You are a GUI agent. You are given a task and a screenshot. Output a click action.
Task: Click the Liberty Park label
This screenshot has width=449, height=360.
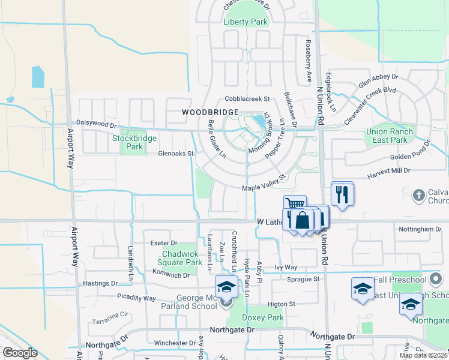coord(246,22)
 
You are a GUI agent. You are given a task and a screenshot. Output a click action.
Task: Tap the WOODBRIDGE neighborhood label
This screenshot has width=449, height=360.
coord(210,112)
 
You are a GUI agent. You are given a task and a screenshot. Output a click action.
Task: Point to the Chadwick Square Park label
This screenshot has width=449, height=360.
coord(181,258)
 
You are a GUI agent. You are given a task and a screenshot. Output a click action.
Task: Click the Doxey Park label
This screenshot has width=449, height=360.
coord(262,317)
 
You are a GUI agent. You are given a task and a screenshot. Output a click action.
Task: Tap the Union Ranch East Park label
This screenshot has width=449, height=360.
coord(390,136)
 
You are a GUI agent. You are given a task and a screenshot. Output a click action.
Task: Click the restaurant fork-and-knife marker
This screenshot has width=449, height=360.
coord(342,194)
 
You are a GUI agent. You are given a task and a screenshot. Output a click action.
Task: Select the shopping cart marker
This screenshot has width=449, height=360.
coord(295,205)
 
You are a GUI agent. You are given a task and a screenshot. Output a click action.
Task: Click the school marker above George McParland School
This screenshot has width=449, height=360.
coord(226,287)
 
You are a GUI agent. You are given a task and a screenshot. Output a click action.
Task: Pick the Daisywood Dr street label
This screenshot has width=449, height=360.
coord(95,124)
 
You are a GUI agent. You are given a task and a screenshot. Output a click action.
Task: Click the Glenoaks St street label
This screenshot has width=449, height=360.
coord(176,154)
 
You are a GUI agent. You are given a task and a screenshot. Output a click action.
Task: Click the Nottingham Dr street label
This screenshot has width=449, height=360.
coord(420,229)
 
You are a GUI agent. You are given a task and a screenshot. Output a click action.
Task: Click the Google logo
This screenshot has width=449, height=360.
coord(20,352)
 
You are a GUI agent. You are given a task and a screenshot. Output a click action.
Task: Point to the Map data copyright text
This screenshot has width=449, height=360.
coord(423,355)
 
